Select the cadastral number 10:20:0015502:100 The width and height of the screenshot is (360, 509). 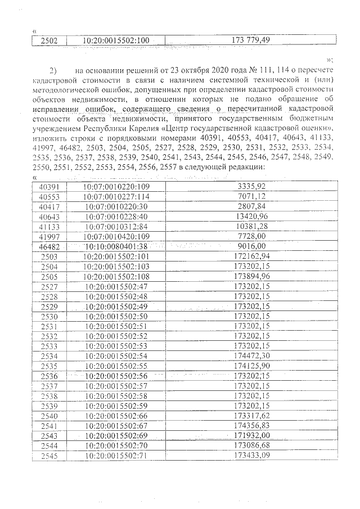pos(115,40)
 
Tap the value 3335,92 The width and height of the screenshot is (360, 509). pos(252,186)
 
